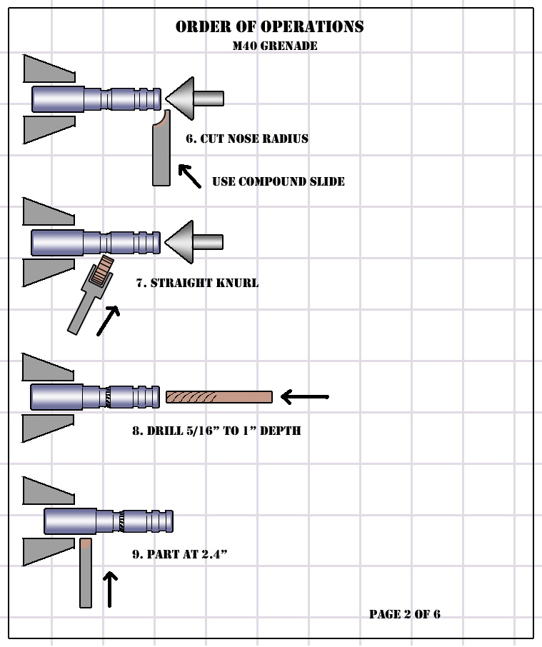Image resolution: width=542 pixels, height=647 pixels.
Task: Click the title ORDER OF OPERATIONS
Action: [269, 27]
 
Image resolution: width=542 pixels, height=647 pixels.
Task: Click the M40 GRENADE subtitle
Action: [275, 46]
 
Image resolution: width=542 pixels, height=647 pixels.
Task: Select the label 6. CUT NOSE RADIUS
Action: [247, 139]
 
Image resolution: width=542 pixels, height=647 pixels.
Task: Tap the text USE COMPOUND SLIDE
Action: [278, 181]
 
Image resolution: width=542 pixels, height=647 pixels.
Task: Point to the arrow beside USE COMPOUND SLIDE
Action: [189, 176]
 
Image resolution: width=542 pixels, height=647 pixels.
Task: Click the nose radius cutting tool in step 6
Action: [161, 154]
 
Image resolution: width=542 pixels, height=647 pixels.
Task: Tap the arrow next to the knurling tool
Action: [108, 321]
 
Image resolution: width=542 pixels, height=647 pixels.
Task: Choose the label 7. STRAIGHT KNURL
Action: [197, 283]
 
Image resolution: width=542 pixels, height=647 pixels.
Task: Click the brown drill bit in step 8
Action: [219, 397]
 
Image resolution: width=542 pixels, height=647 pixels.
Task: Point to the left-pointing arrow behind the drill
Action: [304, 396]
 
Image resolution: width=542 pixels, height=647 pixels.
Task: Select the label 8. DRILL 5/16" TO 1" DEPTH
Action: [216, 431]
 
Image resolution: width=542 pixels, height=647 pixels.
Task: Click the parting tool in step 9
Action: [86, 573]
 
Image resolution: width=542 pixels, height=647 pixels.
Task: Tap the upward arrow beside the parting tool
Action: [109, 588]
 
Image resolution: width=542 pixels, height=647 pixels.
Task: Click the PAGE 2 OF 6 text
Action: [404, 614]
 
